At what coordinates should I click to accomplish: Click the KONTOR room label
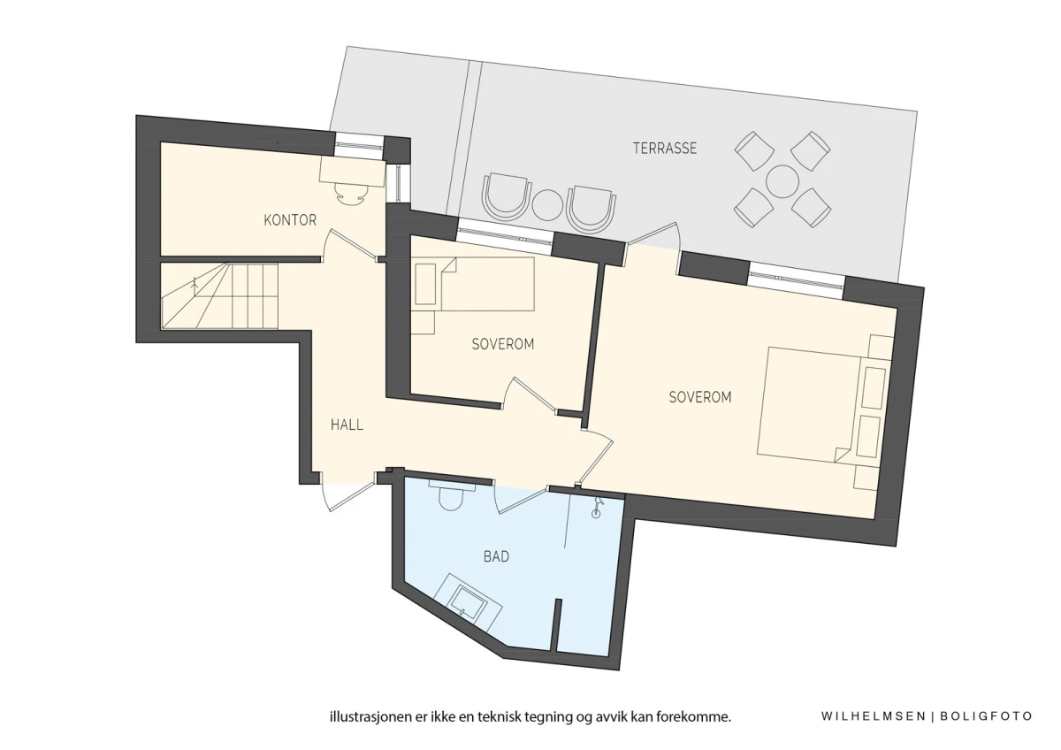pos(290,220)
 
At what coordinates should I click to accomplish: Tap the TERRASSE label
pos(665,149)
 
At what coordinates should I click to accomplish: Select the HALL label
pos(347,425)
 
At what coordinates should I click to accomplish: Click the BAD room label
pos(496,556)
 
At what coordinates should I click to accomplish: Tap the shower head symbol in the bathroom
pos(597,507)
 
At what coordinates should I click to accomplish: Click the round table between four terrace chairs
pos(782,181)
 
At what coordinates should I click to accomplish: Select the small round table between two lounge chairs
pos(547,205)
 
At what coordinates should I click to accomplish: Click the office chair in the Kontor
pos(352,194)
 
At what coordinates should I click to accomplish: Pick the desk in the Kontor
pos(352,172)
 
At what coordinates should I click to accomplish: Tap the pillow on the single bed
pos(425,284)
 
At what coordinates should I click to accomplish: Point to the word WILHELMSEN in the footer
pos(874,716)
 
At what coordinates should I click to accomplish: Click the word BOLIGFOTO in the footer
pos(986,716)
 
